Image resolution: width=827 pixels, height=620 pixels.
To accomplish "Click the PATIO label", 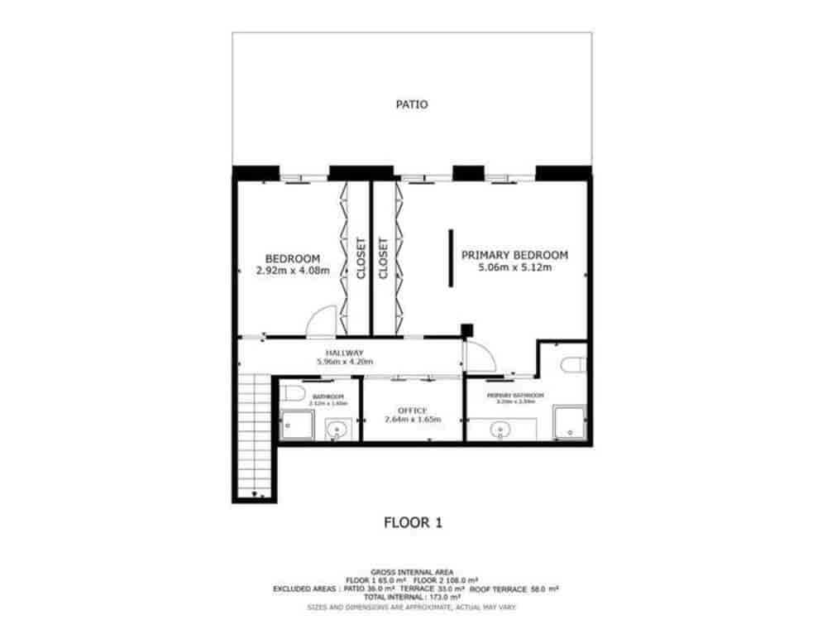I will pyautogui.click(x=411, y=105).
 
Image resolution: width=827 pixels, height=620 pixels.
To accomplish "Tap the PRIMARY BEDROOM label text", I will pyautogui.click(x=514, y=255).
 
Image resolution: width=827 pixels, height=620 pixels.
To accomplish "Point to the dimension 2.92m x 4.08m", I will pyautogui.click(x=293, y=270).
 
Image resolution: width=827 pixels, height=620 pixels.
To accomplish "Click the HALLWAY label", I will pyautogui.click(x=345, y=353).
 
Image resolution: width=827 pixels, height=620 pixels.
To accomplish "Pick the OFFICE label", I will pyautogui.click(x=412, y=411).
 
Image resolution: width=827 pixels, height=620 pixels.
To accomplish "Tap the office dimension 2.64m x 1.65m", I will pyautogui.click(x=412, y=420).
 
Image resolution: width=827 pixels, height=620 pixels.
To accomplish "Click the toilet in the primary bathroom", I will pyautogui.click(x=573, y=364).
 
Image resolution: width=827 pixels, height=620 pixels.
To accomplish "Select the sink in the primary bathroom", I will pyautogui.click(x=500, y=430).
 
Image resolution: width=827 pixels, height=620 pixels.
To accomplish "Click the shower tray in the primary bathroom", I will pyautogui.click(x=568, y=423).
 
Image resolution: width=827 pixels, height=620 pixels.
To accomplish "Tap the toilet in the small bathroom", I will pyautogui.click(x=291, y=392).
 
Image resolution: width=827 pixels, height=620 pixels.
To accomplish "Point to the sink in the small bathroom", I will pyautogui.click(x=337, y=430).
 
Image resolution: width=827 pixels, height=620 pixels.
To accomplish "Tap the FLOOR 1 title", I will pyautogui.click(x=413, y=522).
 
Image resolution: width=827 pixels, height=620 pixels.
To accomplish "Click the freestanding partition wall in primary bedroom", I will pyautogui.click(x=451, y=258).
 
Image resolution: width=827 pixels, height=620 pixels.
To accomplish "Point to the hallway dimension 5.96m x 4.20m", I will pyautogui.click(x=345, y=362).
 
